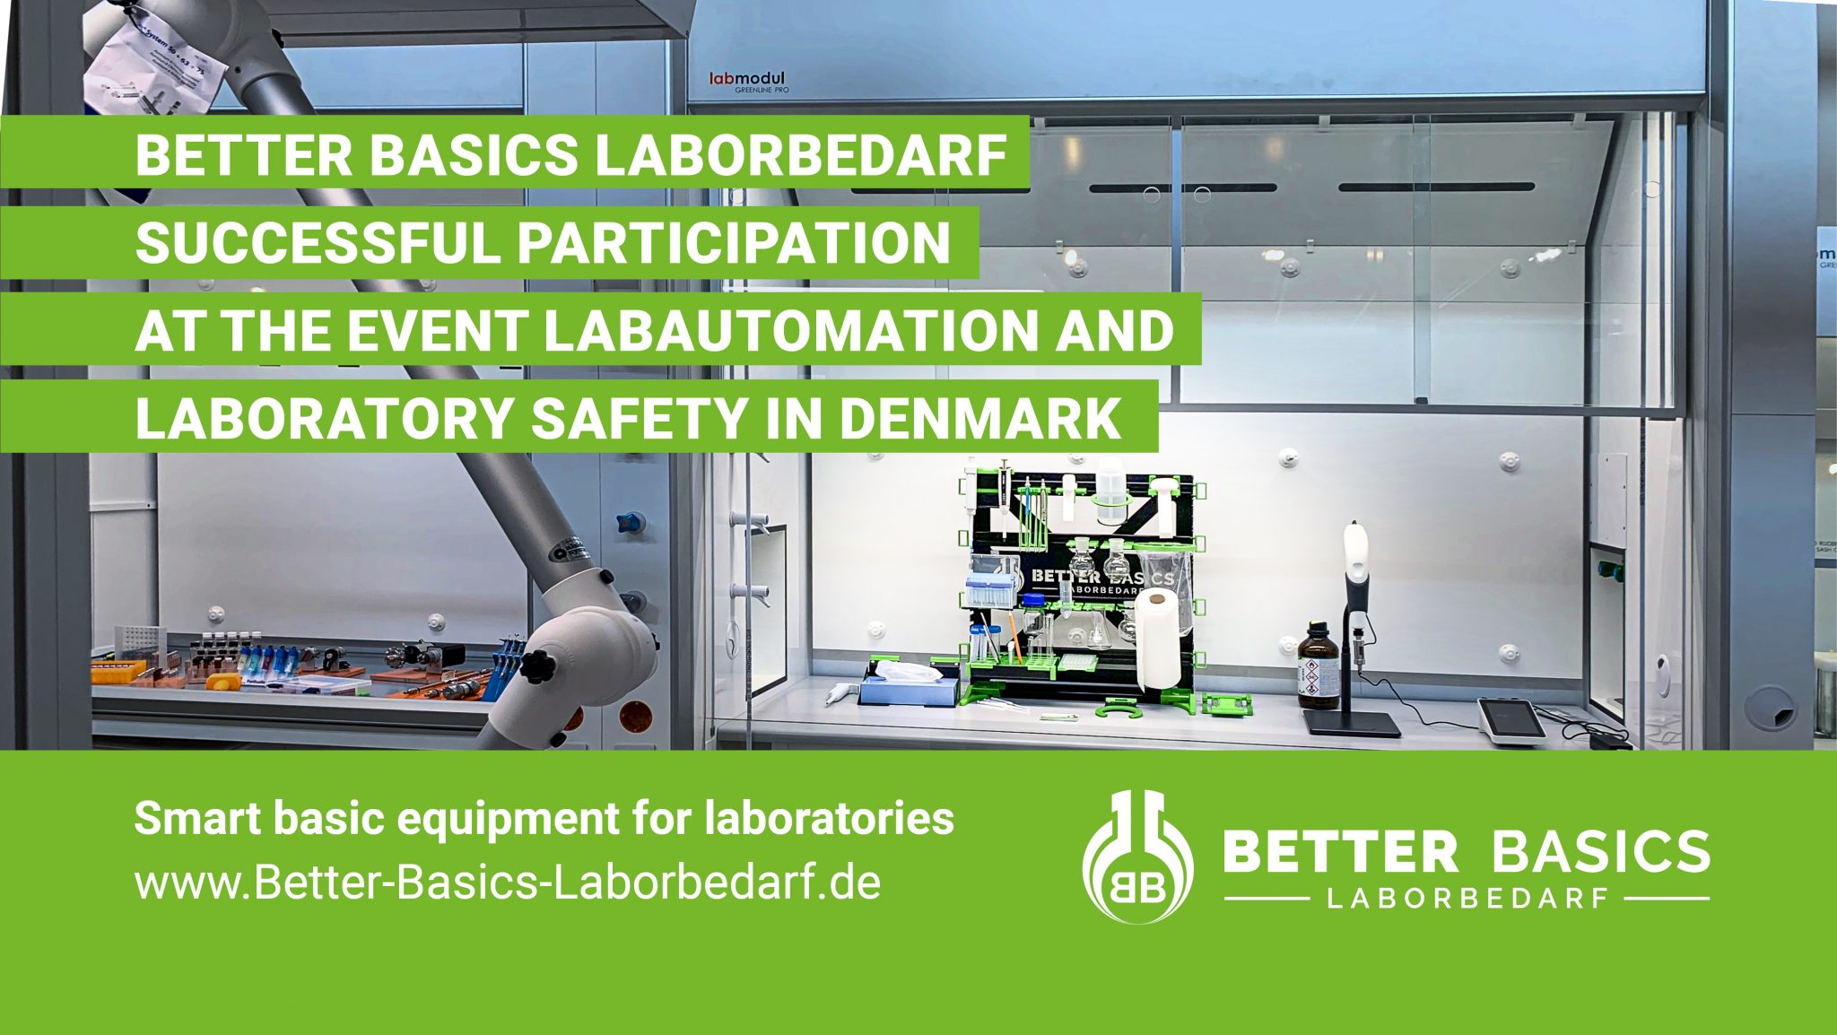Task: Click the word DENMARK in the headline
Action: click(979, 417)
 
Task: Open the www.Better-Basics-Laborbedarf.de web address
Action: click(507, 883)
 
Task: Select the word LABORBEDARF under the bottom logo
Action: click(1466, 899)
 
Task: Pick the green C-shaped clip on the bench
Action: click(1119, 709)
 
